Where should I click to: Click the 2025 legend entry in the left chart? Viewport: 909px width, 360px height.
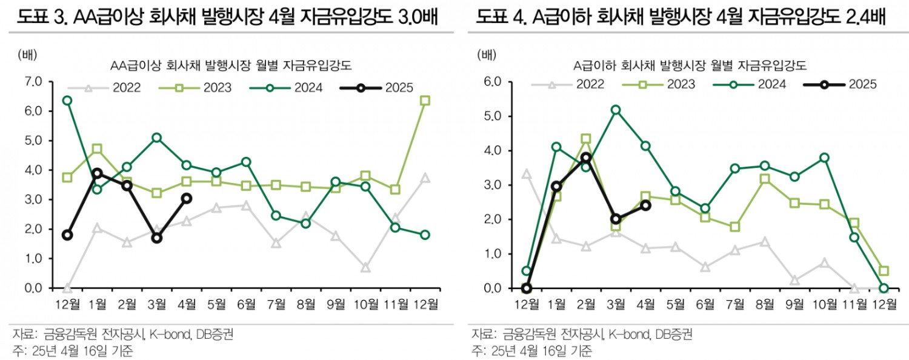pyautogui.click(x=376, y=88)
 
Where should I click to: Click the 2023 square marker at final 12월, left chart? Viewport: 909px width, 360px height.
pyautogui.click(x=425, y=101)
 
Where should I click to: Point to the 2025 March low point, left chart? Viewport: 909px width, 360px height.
pyautogui.click(x=157, y=238)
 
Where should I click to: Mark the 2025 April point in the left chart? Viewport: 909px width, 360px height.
pyautogui.click(x=187, y=198)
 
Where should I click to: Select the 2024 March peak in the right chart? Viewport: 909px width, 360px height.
pyautogui.click(x=616, y=110)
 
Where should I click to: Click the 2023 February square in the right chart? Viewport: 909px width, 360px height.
pyautogui.click(x=586, y=139)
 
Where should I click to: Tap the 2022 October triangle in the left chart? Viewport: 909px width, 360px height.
pyautogui.click(x=365, y=267)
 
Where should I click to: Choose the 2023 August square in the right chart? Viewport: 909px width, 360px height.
pyautogui.click(x=765, y=179)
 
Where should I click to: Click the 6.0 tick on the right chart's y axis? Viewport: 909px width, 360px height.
pyautogui.click(x=491, y=81)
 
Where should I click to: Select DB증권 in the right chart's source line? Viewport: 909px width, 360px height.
pyautogui.click(x=674, y=333)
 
